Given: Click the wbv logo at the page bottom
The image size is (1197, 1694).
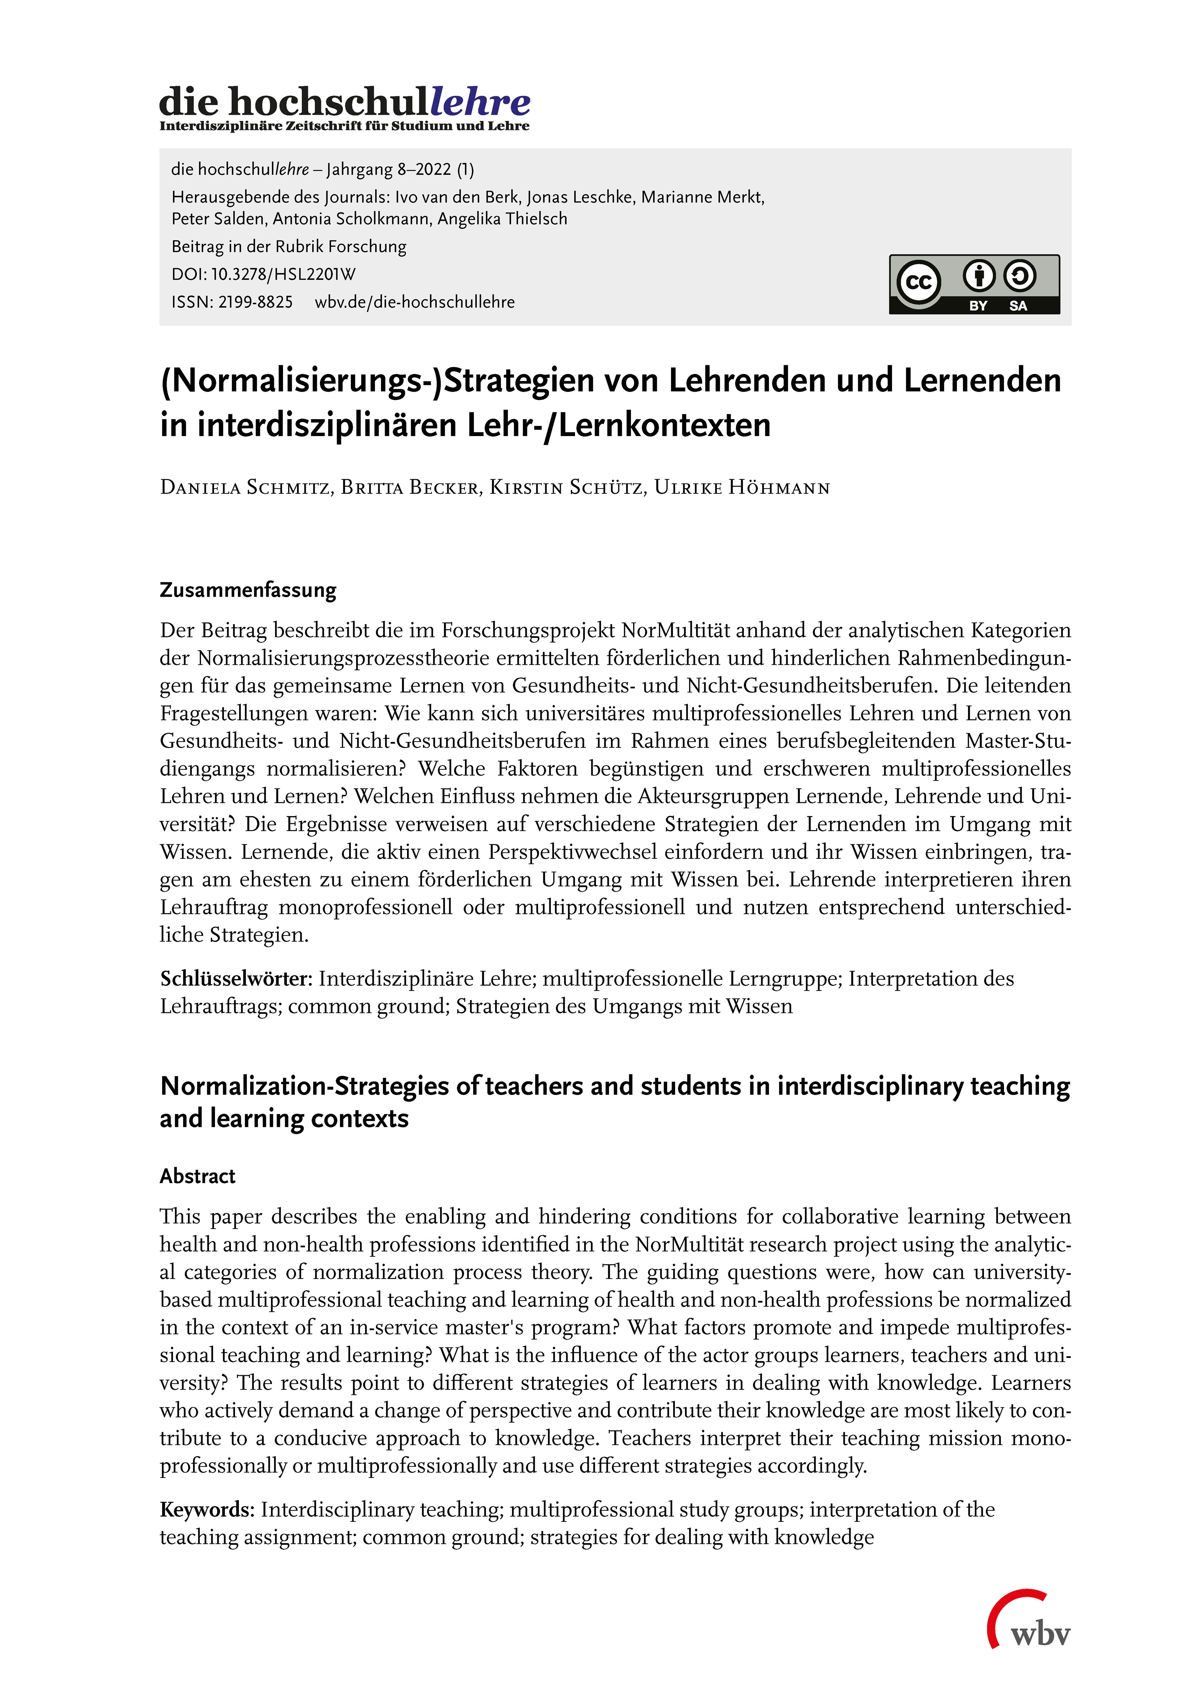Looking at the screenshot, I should [1030, 1626].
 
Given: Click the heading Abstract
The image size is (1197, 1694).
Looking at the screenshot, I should [198, 1176].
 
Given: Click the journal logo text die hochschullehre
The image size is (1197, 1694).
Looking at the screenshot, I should [344, 102].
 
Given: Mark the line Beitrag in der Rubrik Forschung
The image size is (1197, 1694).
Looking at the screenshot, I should [289, 246].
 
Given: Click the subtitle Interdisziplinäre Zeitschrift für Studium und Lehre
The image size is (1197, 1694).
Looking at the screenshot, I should [344, 126].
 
